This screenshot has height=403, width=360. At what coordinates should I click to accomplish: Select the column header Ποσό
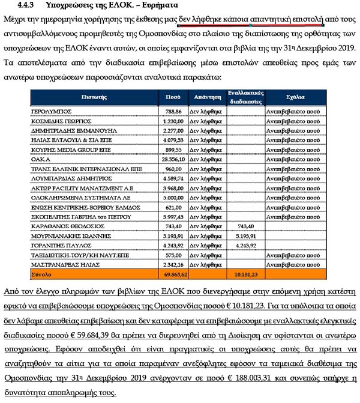[173, 97]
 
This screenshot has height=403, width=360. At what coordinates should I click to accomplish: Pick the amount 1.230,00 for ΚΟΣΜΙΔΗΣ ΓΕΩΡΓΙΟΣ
[173, 122]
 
